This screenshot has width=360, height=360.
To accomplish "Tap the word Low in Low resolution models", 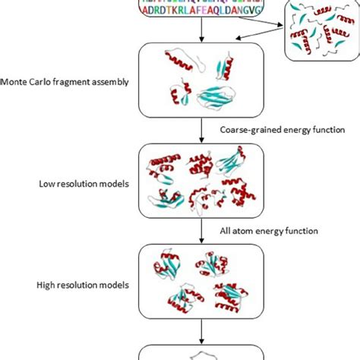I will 48,184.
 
